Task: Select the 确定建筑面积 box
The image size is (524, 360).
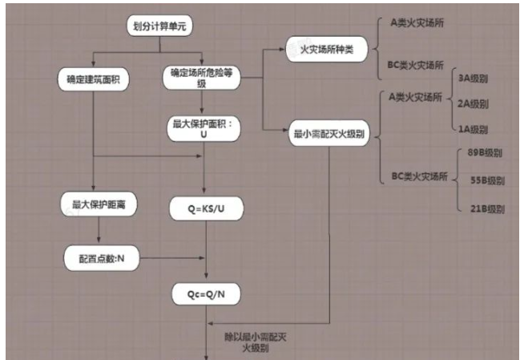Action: click(x=94, y=80)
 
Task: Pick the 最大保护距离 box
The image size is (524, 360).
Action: click(x=99, y=205)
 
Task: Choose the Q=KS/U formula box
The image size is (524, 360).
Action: click(x=207, y=210)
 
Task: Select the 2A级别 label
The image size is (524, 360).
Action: click(x=472, y=104)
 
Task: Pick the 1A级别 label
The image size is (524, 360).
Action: click(x=472, y=129)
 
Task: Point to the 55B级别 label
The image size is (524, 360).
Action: click(x=486, y=181)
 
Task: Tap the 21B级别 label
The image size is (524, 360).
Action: click(x=486, y=209)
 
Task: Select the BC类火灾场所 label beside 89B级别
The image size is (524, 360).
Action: click(x=417, y=177)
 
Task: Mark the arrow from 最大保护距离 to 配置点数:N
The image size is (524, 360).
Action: click(x=99, y=230)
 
